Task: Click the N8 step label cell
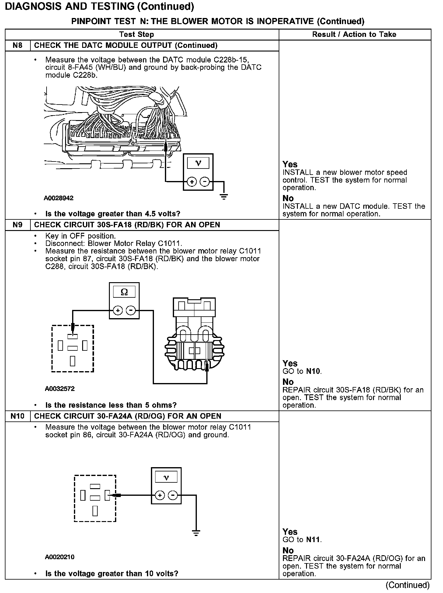point(18,45)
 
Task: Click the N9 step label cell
point(18,225)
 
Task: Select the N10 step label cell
point(18,416)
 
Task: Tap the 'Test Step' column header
point(137,34)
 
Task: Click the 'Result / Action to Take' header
point(354,34)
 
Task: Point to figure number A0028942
point(59,198)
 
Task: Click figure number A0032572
point(60,389)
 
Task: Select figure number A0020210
point(60,557)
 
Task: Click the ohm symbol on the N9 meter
point(124,292)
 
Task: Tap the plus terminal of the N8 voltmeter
point(192,182)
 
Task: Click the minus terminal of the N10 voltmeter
point(173,495)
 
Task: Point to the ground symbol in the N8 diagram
point(224,197)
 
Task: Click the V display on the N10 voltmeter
point(166,478)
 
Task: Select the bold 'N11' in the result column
point(313,540)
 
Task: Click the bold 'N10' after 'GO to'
point(313,371)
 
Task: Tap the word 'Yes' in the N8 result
point(290,164)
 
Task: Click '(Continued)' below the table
point(408,585)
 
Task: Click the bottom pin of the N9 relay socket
point(73,360)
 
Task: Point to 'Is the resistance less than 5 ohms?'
point(111,405)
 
